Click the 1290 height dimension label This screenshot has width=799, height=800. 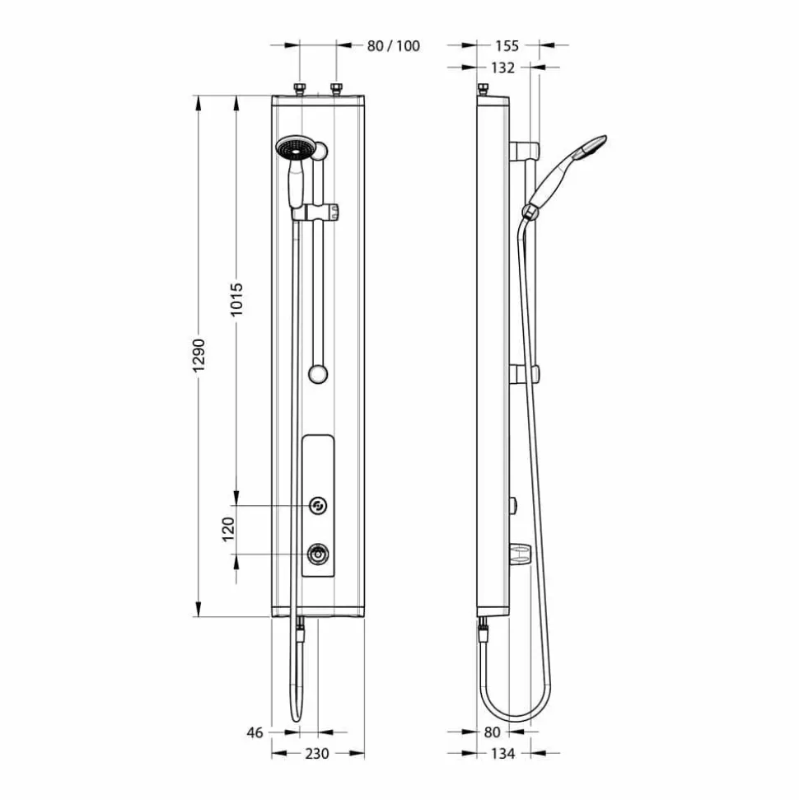pyautogui.click(x=199, y=355)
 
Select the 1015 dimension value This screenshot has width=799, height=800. pyautogui.click(x=236, y=300)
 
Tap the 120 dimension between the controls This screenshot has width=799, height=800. pyautogui.click(x=228, y=529)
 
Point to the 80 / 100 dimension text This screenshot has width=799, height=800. pyautogui.click(x=394, y=46)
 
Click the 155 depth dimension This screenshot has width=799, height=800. pyautogui.click(x=507, y=46)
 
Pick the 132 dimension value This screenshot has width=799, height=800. pyautogui.click(x=502, y=68)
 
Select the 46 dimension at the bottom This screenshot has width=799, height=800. pyautogui.click(x=255, y=732)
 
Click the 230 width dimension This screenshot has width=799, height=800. pyautogui.click(x=317, y=754)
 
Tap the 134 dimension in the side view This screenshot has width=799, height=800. pyautogui.click(x=502, y=754)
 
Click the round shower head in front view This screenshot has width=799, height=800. pyautogui.click(x=293, y=147)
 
